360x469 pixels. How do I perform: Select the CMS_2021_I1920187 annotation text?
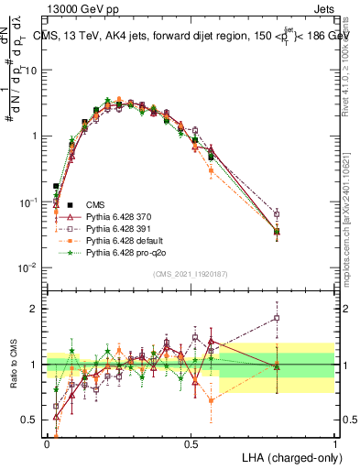pos(191,274)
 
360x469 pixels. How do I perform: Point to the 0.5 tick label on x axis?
pos(191,442)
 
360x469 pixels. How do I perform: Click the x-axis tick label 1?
pos(335,442)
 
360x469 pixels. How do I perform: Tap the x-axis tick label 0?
pos(48,442)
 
